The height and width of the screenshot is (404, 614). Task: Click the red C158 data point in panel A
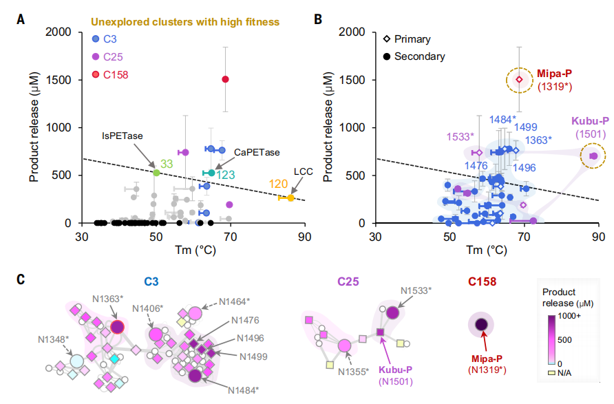[x=225, y=79]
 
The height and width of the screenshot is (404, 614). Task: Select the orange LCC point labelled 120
[x=290, y=198]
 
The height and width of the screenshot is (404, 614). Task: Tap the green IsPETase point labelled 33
[x=156, y=172]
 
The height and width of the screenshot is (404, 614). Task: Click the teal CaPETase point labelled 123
[x=212, y=173]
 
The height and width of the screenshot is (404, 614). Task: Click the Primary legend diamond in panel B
[x=392, y=39]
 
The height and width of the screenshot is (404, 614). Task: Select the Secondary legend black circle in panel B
[x=392, y=56]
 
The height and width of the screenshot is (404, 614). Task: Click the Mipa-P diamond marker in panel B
[x=520, y=80]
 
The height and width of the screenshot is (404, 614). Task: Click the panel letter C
[x=21, y=279]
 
